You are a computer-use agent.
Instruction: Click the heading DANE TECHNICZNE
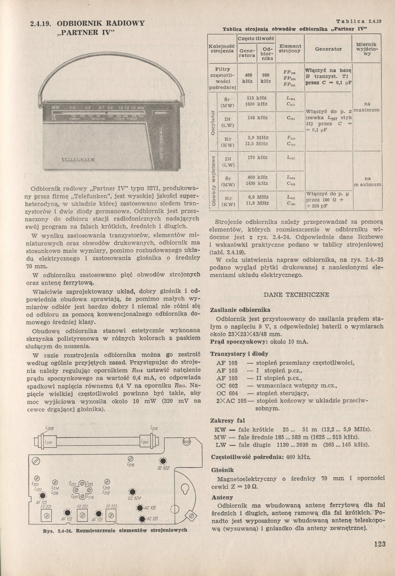[x=297, y=295]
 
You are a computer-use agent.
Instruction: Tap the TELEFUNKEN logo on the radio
[x=79, y=160]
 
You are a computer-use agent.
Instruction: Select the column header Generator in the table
[x=328, y=49]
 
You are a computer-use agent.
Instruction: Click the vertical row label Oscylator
[x=213, y=123]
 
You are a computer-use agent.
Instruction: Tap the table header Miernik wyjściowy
[x=366, y=49]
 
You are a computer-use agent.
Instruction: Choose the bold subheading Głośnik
[x=222, y=470]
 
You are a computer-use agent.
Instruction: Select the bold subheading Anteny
[x=222, y=497]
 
